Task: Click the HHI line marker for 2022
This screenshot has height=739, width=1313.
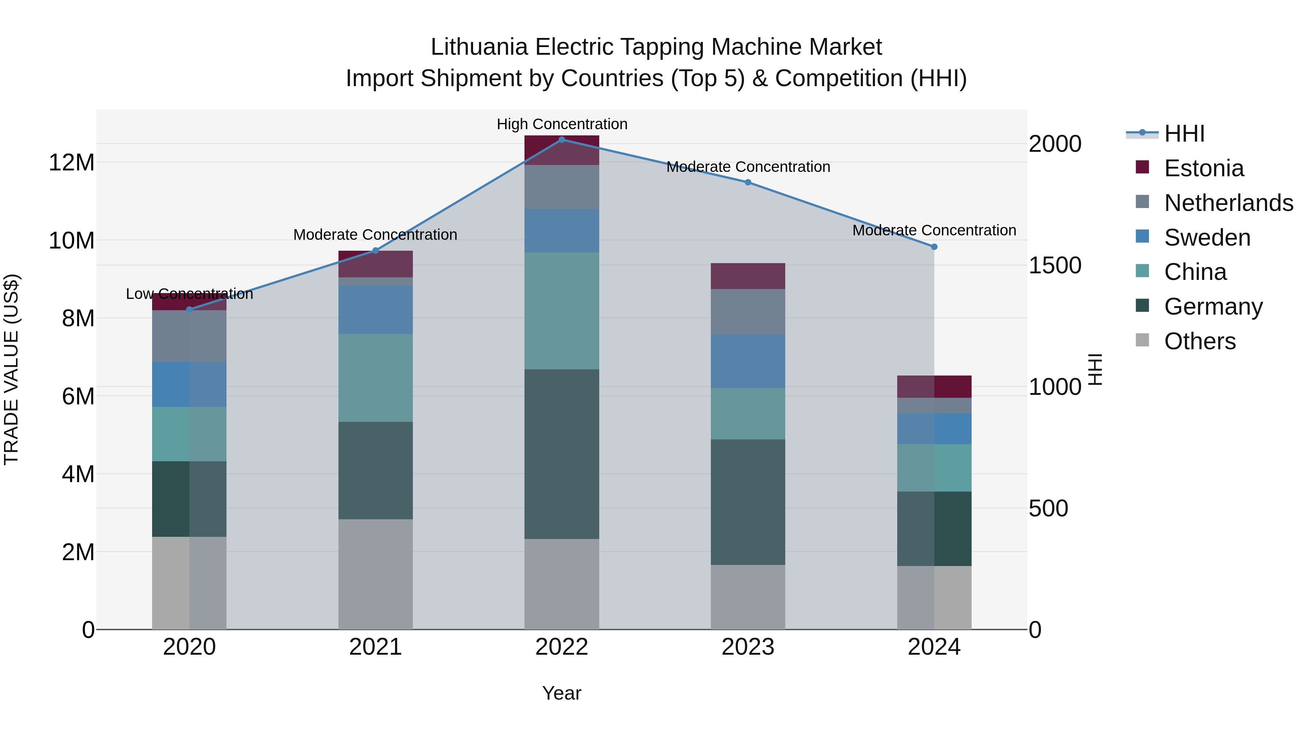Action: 562,140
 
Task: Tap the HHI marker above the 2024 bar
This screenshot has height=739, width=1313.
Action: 934,247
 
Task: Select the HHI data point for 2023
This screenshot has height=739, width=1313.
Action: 748,182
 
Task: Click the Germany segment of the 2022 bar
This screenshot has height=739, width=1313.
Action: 562,454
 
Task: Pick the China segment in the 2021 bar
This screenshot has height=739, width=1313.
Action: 376,378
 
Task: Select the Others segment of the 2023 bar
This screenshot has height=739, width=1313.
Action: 748,597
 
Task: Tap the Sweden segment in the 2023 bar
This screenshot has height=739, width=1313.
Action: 748,361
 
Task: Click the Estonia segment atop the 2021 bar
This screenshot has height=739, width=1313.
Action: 376,264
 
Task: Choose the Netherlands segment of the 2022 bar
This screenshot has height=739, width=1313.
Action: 562,186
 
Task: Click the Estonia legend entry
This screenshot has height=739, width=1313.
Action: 1204,168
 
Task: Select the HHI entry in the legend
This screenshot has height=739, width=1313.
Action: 1184,134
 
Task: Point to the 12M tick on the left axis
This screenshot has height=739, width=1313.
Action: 71,163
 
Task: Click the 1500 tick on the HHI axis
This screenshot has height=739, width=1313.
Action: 1054,265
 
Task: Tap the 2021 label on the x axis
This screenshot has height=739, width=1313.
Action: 376,647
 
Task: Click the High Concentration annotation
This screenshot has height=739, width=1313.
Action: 562,124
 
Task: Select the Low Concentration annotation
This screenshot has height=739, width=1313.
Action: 189,294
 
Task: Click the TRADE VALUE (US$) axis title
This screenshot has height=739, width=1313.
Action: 11,369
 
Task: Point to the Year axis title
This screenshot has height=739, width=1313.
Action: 562,693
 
